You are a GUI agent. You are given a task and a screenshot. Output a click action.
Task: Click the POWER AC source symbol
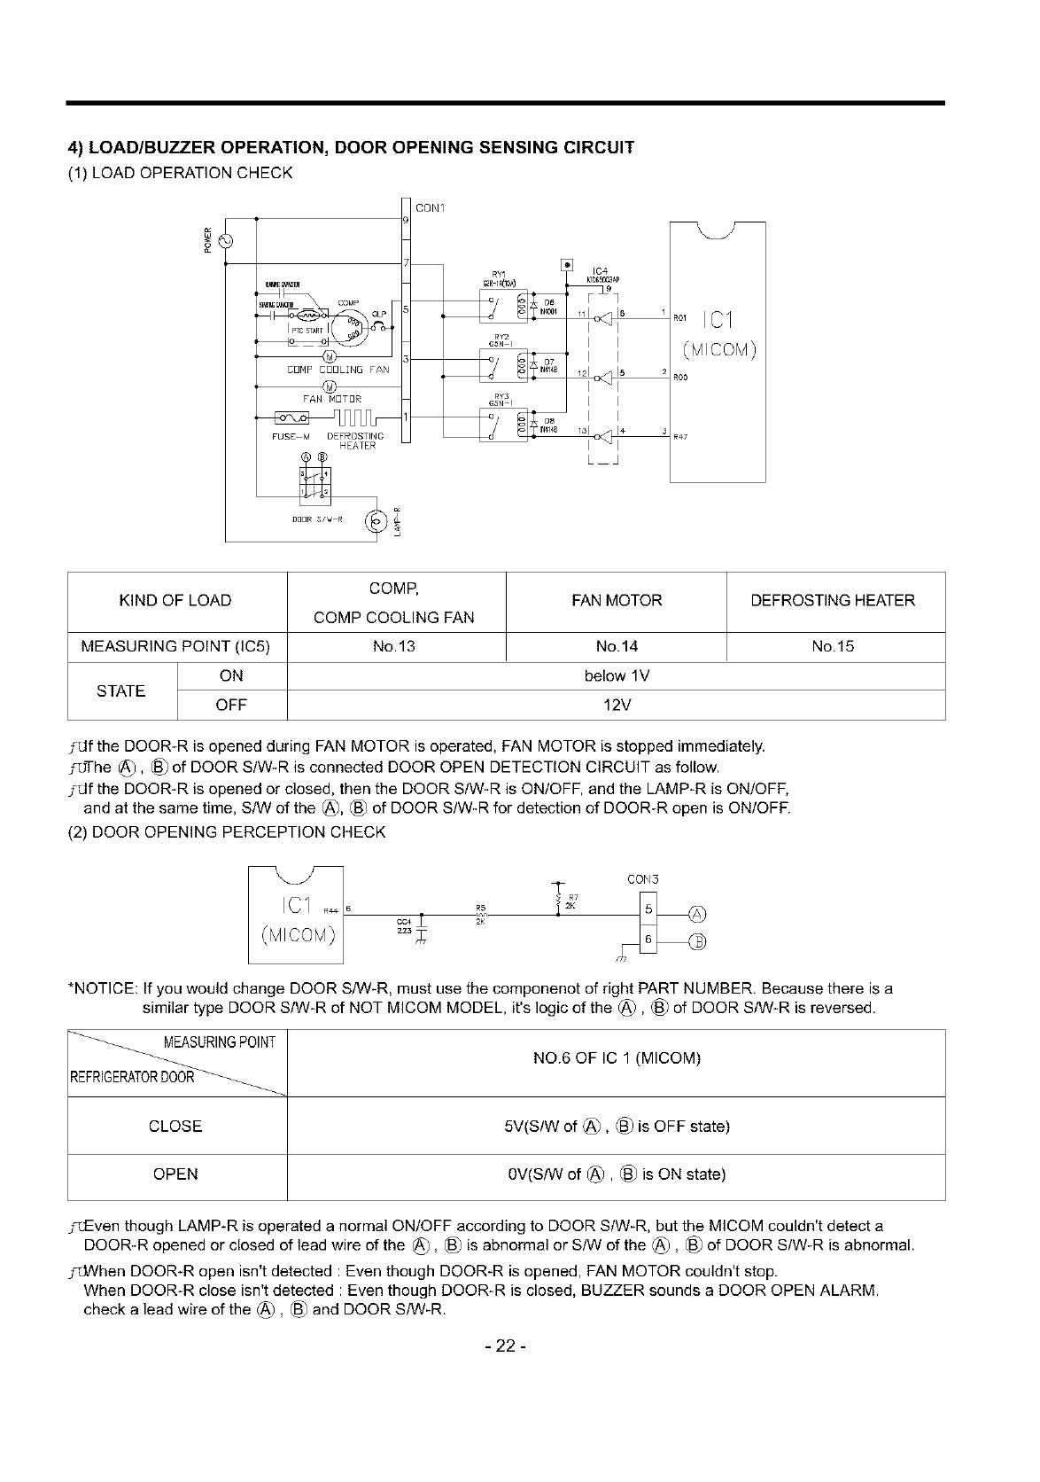click(221, 240)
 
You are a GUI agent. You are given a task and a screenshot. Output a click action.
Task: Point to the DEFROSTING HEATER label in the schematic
click(355, 441)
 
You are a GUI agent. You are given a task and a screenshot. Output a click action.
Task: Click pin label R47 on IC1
click(680, 436)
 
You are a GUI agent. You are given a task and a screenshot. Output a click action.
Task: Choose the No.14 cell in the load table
click(616, 646)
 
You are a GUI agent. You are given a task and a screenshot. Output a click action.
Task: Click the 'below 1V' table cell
click(616, 676)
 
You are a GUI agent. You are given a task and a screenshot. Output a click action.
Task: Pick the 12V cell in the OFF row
click(616, 706)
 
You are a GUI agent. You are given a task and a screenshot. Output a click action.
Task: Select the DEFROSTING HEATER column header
click(834, 601)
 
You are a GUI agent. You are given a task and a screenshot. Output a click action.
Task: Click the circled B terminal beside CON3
click(698, 941)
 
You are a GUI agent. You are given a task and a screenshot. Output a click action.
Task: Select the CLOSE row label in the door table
click(175, 1127)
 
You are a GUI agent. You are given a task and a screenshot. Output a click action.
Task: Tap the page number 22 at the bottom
click(505, 1346)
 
